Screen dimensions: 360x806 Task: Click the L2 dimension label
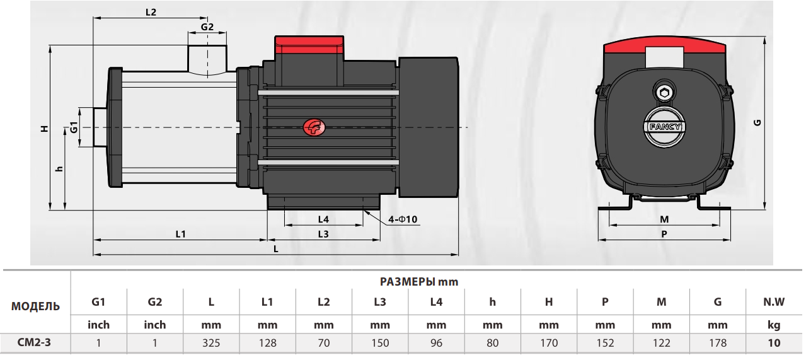[x=150, y=12]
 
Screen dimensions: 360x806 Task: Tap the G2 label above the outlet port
[x=207, y=27]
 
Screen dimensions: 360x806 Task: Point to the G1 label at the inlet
[x=74, y=128]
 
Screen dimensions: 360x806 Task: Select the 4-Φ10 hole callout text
[x=403, y=219]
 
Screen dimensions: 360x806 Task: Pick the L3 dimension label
[x=323, y=234]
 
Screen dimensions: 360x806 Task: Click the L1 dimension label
[x=180, y=234]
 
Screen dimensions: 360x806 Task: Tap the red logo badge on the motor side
[x=313, y=128]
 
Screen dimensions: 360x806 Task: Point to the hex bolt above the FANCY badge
[x=664, y=93]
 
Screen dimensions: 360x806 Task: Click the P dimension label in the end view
[x=664, y=234]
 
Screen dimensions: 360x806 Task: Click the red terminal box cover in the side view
[x=309, y=45]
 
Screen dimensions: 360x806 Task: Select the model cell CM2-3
[x=35, y=343]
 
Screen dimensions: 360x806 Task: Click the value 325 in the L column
[x=211, y=343]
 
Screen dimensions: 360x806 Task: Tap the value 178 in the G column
[x=717, y=343]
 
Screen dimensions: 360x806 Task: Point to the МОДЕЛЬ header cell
[x=35, y=306]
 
